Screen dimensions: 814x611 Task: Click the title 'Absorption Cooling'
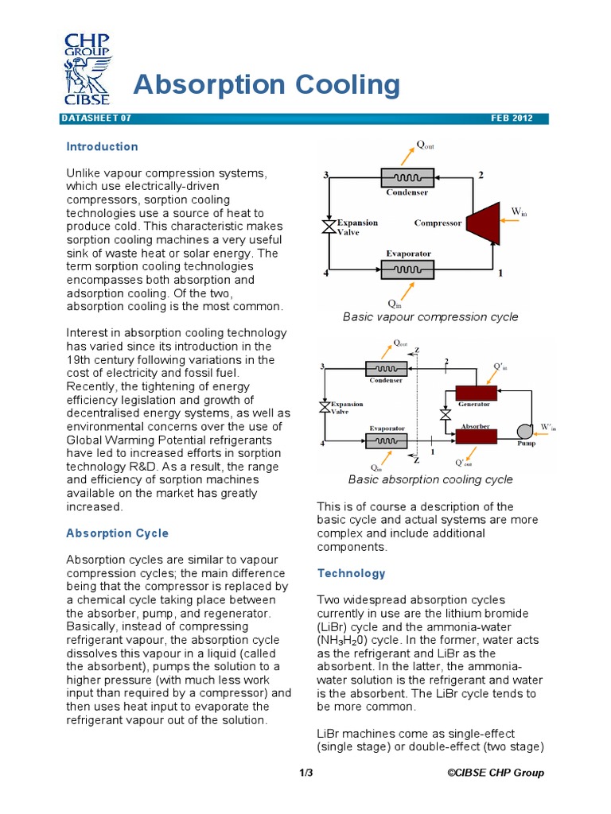click(x=267, y=83)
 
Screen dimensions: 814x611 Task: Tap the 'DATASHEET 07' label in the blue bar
click(x=95, y=118)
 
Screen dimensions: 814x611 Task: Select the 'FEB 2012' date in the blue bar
click(x=519, y=118)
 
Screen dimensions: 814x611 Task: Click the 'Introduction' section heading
click(x=102, y=146)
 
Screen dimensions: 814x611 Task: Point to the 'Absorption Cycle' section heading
click(x=117, y=533)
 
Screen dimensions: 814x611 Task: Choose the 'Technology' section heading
click(x=351, y=573)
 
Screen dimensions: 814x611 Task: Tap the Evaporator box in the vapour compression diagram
click(x=407, y=269)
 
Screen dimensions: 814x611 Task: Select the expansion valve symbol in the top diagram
click(x=325, y=227)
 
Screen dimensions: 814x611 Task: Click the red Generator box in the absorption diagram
click(x=476, y=393)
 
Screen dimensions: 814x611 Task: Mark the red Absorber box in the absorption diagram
click(x=476, y=436)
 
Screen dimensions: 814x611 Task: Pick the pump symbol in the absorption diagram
click(x=524, y=431)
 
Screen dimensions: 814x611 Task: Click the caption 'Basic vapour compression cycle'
click(x=430, y=316)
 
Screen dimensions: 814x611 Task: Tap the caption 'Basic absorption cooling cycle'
click(x=430, y=479)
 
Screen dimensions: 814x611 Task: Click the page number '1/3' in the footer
click(x=306, y=773)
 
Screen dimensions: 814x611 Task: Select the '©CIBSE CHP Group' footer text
click(x=496, y=773)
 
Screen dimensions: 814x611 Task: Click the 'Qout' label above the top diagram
click(x=426, y=145)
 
